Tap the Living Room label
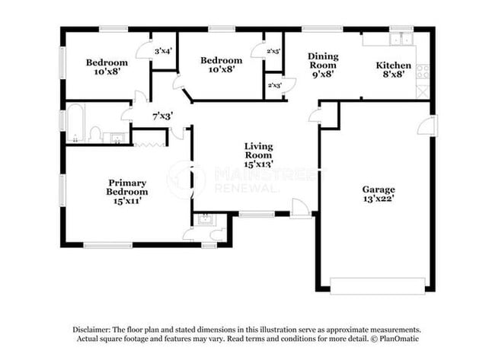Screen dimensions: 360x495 coord(258,151)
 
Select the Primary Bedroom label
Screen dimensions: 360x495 coord(127,187)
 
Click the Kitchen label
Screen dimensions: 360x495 coord(394,65)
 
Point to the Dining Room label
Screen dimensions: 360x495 coord(323,61)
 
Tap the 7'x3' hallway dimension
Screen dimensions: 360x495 coord(162,116)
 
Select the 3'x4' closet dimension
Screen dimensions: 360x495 coord(163,51)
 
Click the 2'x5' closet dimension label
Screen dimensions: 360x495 coord(274,51)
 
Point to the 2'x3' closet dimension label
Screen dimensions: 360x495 coord(274,85)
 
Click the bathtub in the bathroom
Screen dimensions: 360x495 coord(75,124)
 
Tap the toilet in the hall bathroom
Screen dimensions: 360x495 coord(94,135)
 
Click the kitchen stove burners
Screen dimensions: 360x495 coord(423,72)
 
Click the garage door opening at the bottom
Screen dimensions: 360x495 coord(377,285)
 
